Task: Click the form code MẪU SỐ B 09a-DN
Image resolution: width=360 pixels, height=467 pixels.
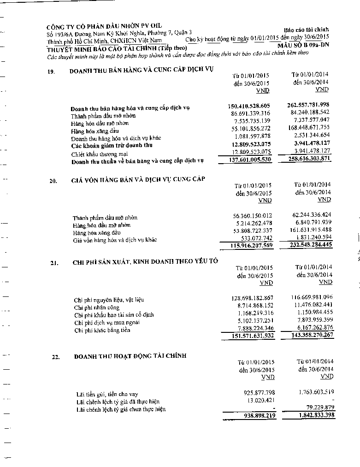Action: pos(303,45)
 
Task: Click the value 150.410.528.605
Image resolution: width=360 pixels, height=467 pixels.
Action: pos(250,106)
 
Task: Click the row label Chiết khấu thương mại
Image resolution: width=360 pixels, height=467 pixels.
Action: pos(100,154)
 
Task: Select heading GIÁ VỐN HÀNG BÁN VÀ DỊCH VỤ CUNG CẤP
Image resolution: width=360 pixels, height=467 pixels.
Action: pos(138,179)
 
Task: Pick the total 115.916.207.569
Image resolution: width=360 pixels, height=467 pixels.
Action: pos(251,246)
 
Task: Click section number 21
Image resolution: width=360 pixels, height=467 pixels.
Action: pos(54,263)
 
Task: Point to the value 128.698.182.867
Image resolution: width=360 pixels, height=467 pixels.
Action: pos(253,298)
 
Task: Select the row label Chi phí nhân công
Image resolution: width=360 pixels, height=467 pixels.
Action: pos(96,307)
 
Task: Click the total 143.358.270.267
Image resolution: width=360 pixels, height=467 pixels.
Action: pos(312,335)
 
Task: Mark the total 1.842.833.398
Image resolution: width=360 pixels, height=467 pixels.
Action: pos(313,416)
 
